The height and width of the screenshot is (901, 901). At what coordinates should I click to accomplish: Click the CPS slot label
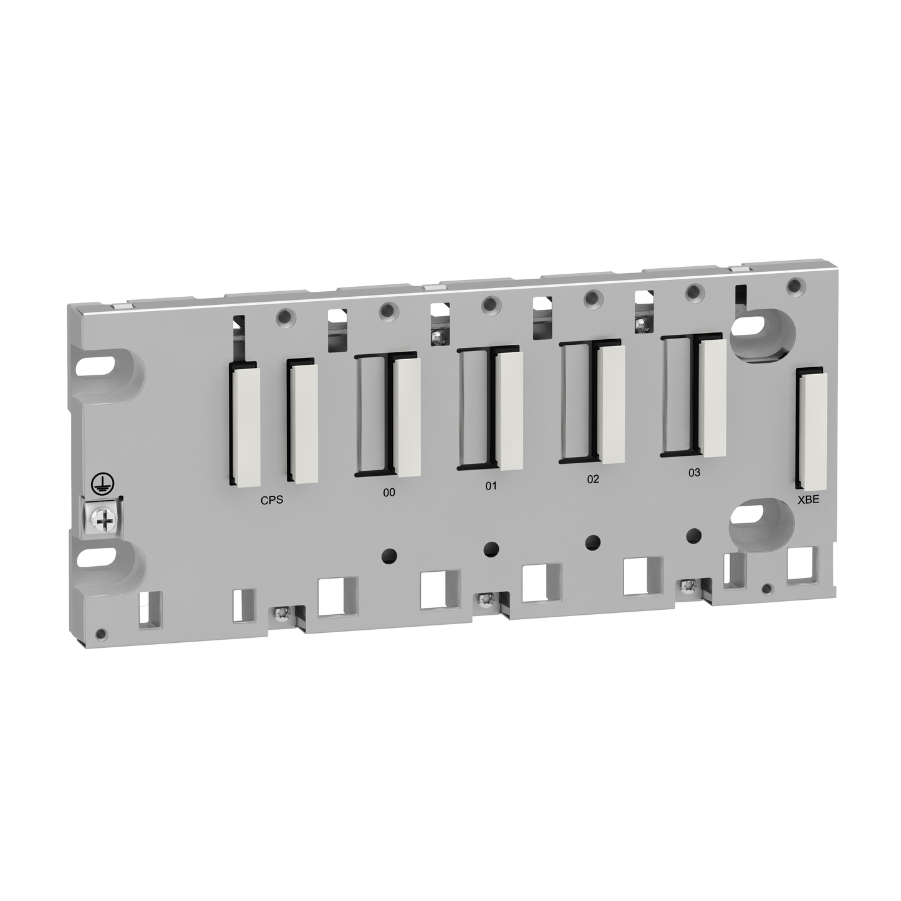click(271, 500)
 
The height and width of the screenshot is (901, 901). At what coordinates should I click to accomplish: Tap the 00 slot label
click(388, 492)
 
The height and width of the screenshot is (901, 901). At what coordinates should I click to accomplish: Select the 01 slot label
click(491, 485)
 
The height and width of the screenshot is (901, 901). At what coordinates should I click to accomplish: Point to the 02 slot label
click(592, 479)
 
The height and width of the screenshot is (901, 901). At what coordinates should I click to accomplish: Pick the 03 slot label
click(694, 472)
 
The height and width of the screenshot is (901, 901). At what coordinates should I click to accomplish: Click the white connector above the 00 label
click(408, 417)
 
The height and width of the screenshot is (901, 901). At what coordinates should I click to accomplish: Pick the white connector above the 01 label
click(510, 410)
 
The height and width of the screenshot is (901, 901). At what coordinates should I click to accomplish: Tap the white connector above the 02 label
click(611, 403)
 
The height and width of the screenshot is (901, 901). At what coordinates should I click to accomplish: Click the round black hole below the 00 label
click(389, 553)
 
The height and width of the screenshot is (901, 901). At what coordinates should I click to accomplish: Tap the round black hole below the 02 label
click(593, 541)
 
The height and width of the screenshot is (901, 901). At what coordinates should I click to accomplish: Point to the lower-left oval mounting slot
click(100, 556)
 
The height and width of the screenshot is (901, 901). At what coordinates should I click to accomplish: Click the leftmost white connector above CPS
click(244, 426)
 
